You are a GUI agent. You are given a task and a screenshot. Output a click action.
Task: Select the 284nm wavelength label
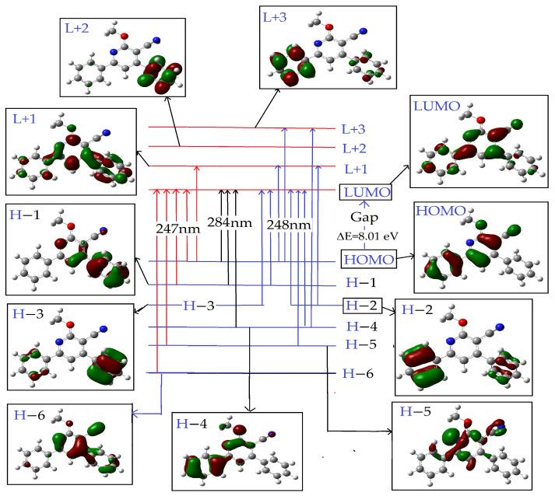(230, 222)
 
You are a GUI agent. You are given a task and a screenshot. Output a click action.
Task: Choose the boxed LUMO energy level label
(365, 192)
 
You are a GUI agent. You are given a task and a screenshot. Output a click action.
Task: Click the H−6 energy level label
(360, 374)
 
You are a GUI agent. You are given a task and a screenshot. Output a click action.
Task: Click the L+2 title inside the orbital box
(75, 29)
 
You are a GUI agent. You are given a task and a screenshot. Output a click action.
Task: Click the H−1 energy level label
(360, 285)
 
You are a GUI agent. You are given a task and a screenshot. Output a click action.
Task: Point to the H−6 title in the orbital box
(30, 414)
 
